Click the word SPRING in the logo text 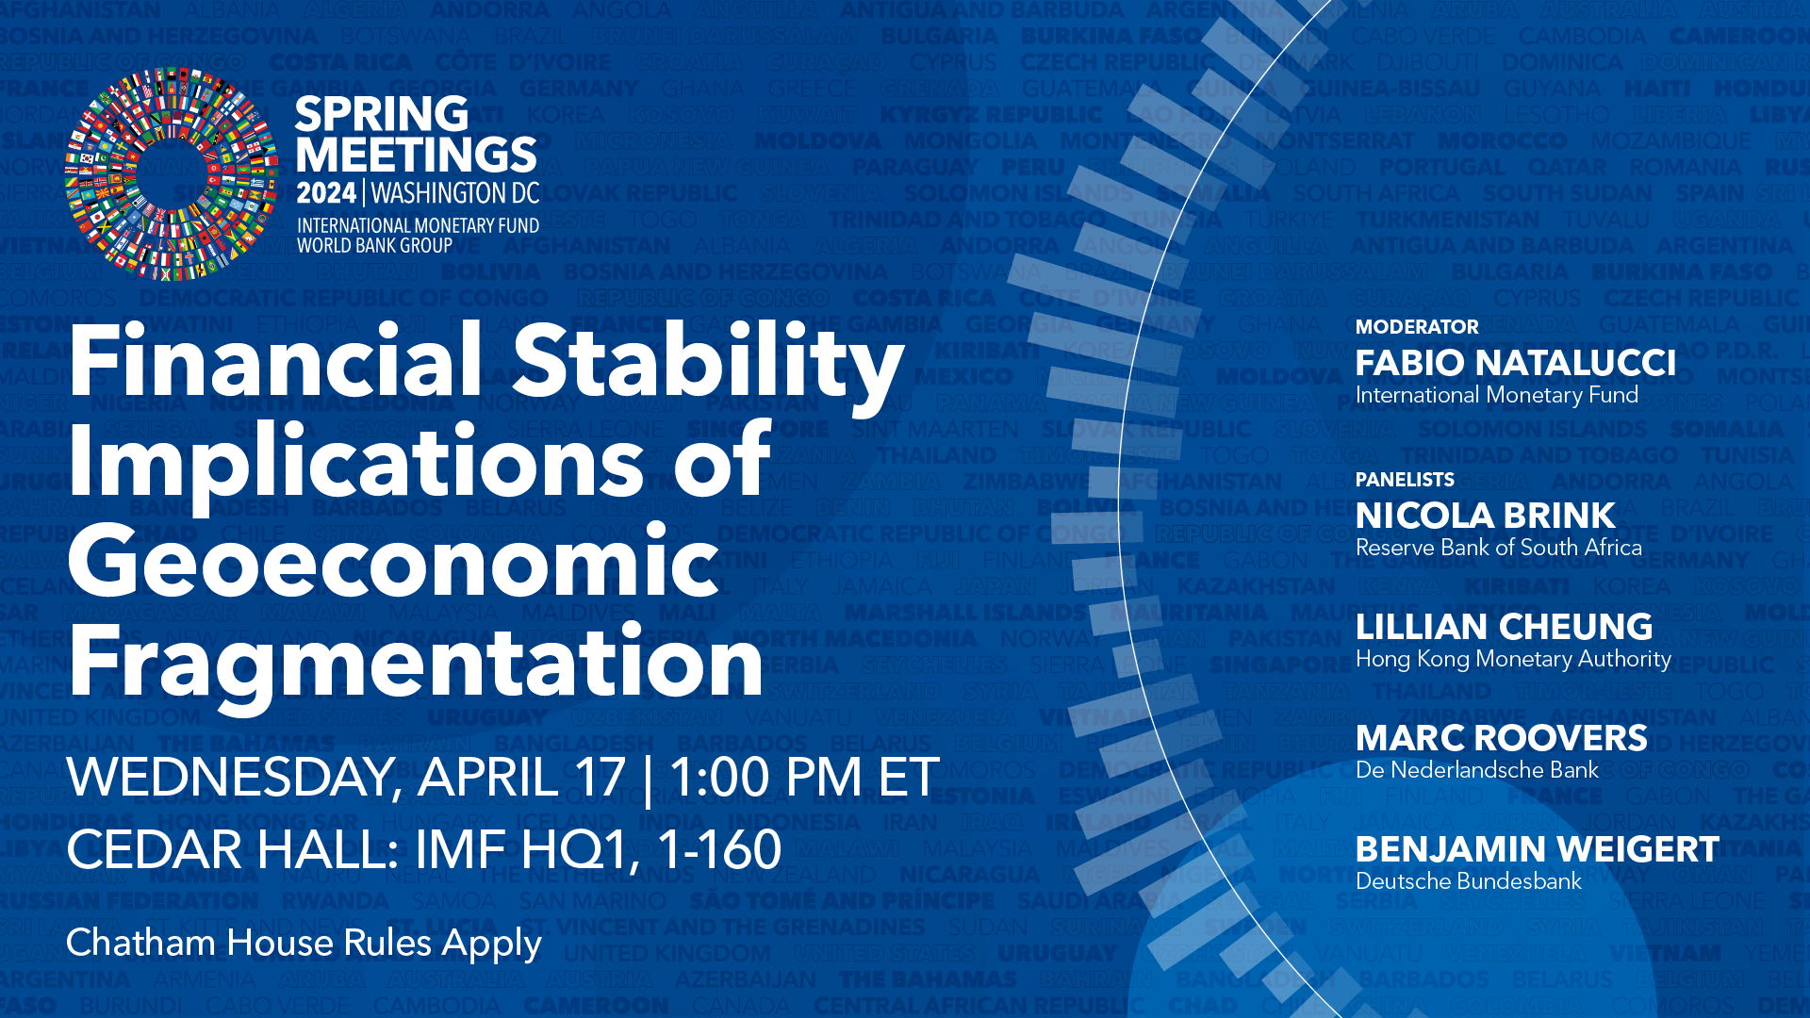[x=381, y=115]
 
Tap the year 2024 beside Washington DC [x=326, y=193]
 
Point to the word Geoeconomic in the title [x=394, y=563]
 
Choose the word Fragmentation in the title [x=416, y=663]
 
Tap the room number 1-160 [x=719, y=849]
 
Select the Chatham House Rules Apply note [x=304, y=943]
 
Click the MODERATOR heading [x=1417, y=327]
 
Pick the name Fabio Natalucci [x=1515, y=363]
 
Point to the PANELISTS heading [x=1405, y=480]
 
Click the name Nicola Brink [x=1485, y=516]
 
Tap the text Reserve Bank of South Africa [x=1498, y=548]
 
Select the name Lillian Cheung [x=1504, y=627]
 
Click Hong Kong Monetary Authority [x=1513, y=659]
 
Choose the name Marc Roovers [x=1501, y=738]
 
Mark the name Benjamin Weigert [x=1537, y=849]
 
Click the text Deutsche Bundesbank [x=1468, y=881]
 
